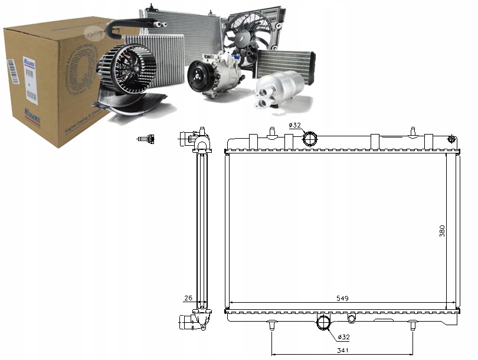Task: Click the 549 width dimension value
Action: (x=343, y=298)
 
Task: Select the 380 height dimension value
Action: (x=442, y=231)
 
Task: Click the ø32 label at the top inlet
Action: (x=295, y=125)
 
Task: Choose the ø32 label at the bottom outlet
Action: (x=343, y=338)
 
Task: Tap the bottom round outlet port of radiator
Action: (x=324, y=323)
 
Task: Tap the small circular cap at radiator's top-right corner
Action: (x=451, y=139)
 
